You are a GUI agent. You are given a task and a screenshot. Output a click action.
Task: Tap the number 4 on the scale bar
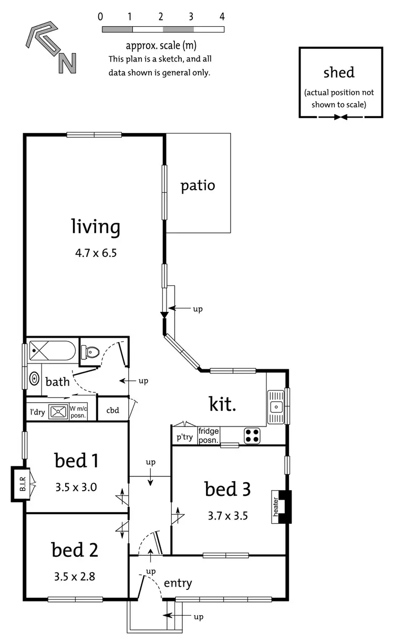tap(223, 16)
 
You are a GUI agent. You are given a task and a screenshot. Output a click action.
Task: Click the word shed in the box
tap(339, 72)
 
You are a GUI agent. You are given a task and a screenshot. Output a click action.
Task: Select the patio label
tap(198, 186)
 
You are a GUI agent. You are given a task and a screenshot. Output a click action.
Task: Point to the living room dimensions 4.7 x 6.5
tap(96, 253)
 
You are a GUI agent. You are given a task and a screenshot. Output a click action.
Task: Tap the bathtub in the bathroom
tap(51, 350)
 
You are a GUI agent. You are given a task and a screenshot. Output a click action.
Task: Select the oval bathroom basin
tap(35, 378)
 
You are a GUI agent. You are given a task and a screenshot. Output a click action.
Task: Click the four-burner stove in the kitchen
tap(252, 435)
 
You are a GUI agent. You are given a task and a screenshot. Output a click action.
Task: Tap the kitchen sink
tap(275, 406)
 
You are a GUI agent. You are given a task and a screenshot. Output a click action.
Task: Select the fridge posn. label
tap(209, 435)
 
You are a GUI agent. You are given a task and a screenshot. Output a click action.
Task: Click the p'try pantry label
tap(184, 437)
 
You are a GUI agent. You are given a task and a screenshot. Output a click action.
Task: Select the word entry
tap(178, 583)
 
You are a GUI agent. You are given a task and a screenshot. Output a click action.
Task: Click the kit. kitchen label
tap(223, 404)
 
